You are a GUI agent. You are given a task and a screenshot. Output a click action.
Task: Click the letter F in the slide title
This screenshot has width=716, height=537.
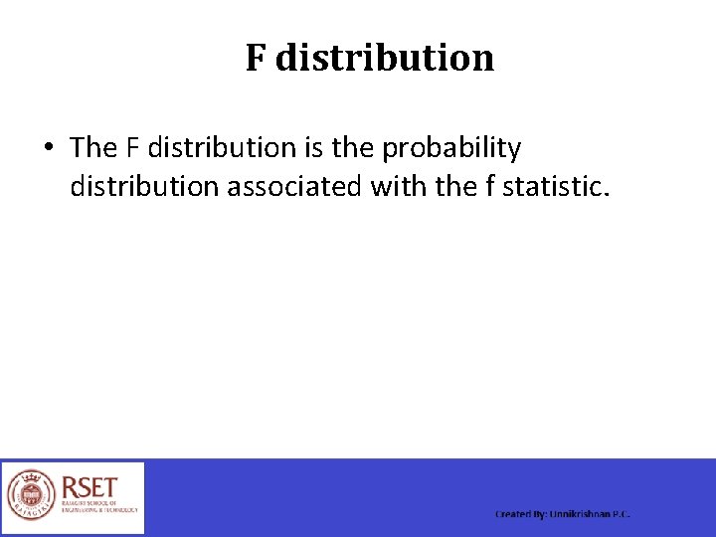pos(256,58)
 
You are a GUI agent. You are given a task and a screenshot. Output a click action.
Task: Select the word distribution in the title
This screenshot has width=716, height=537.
pos(385,58)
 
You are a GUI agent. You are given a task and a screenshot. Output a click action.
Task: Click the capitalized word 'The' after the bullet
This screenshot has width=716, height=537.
pos(93,148)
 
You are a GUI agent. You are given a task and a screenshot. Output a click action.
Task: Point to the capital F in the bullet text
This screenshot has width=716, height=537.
pos(133,148)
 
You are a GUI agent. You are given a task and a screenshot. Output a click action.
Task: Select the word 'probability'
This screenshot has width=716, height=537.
pos(451,149)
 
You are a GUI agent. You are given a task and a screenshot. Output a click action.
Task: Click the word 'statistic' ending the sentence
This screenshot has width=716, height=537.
pos(553,186)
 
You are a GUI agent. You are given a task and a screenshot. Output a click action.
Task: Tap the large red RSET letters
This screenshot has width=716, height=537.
pos(89,488)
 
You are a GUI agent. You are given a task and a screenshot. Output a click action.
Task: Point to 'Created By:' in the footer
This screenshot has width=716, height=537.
pos(520,514)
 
